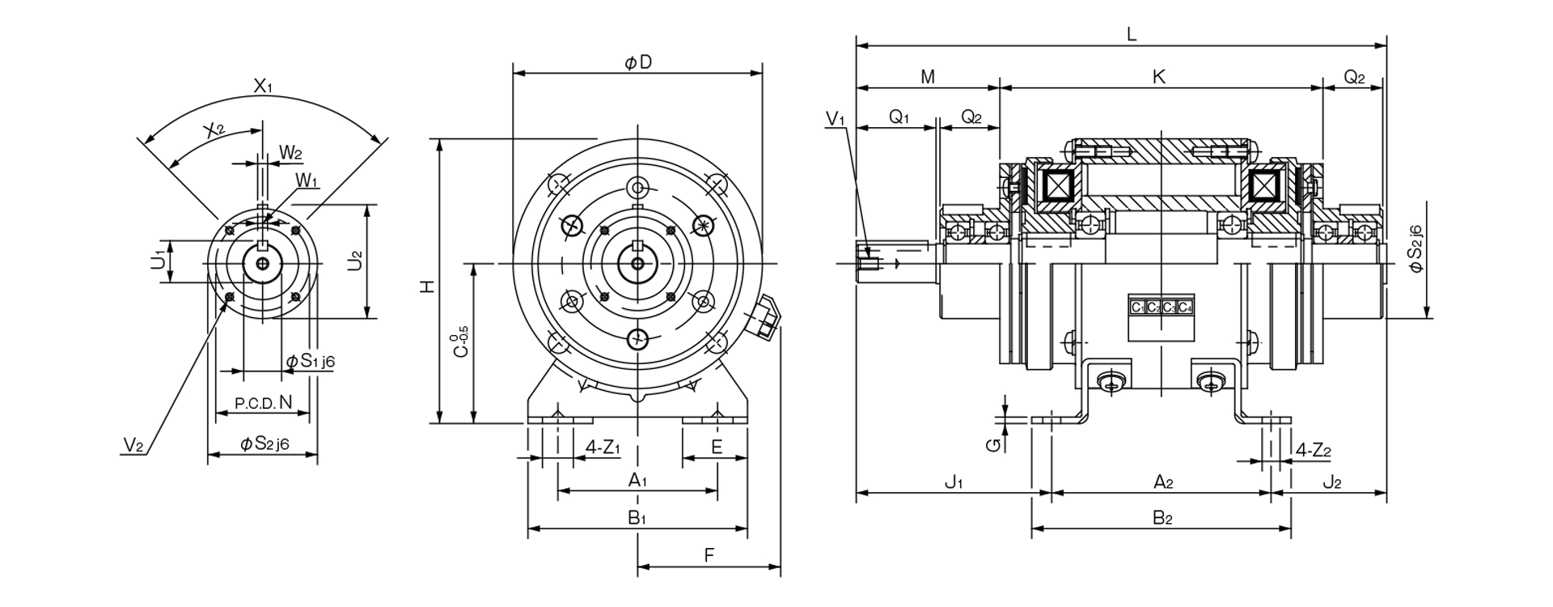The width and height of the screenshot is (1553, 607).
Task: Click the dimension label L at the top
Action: pos(1132,34)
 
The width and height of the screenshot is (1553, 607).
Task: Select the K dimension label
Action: pos(1158,77)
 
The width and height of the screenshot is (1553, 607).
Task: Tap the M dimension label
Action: pos(928,77)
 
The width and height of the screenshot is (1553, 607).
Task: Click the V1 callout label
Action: pos(836,118)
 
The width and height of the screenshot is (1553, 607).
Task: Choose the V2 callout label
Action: pos(133,444)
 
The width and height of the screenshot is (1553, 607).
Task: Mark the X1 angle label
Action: pos(263,85)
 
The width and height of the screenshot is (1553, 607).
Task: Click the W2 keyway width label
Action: pos(291,152)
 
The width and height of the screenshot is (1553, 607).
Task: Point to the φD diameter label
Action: pos(637,62)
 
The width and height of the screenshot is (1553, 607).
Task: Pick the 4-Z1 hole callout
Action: pos(603,447)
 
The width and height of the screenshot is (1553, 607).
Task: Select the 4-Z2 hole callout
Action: pos(1313,450)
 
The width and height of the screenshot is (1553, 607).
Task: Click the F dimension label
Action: pos(709,555)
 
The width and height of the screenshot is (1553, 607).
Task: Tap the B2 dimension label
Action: pos(1162,518)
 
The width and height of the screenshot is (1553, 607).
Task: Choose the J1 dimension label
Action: pos(954,483)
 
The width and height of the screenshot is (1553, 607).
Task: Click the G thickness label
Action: pos(997,444)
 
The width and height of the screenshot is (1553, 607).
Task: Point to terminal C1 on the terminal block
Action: pos(1137,308)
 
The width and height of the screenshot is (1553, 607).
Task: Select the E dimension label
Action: pos(716,447)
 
